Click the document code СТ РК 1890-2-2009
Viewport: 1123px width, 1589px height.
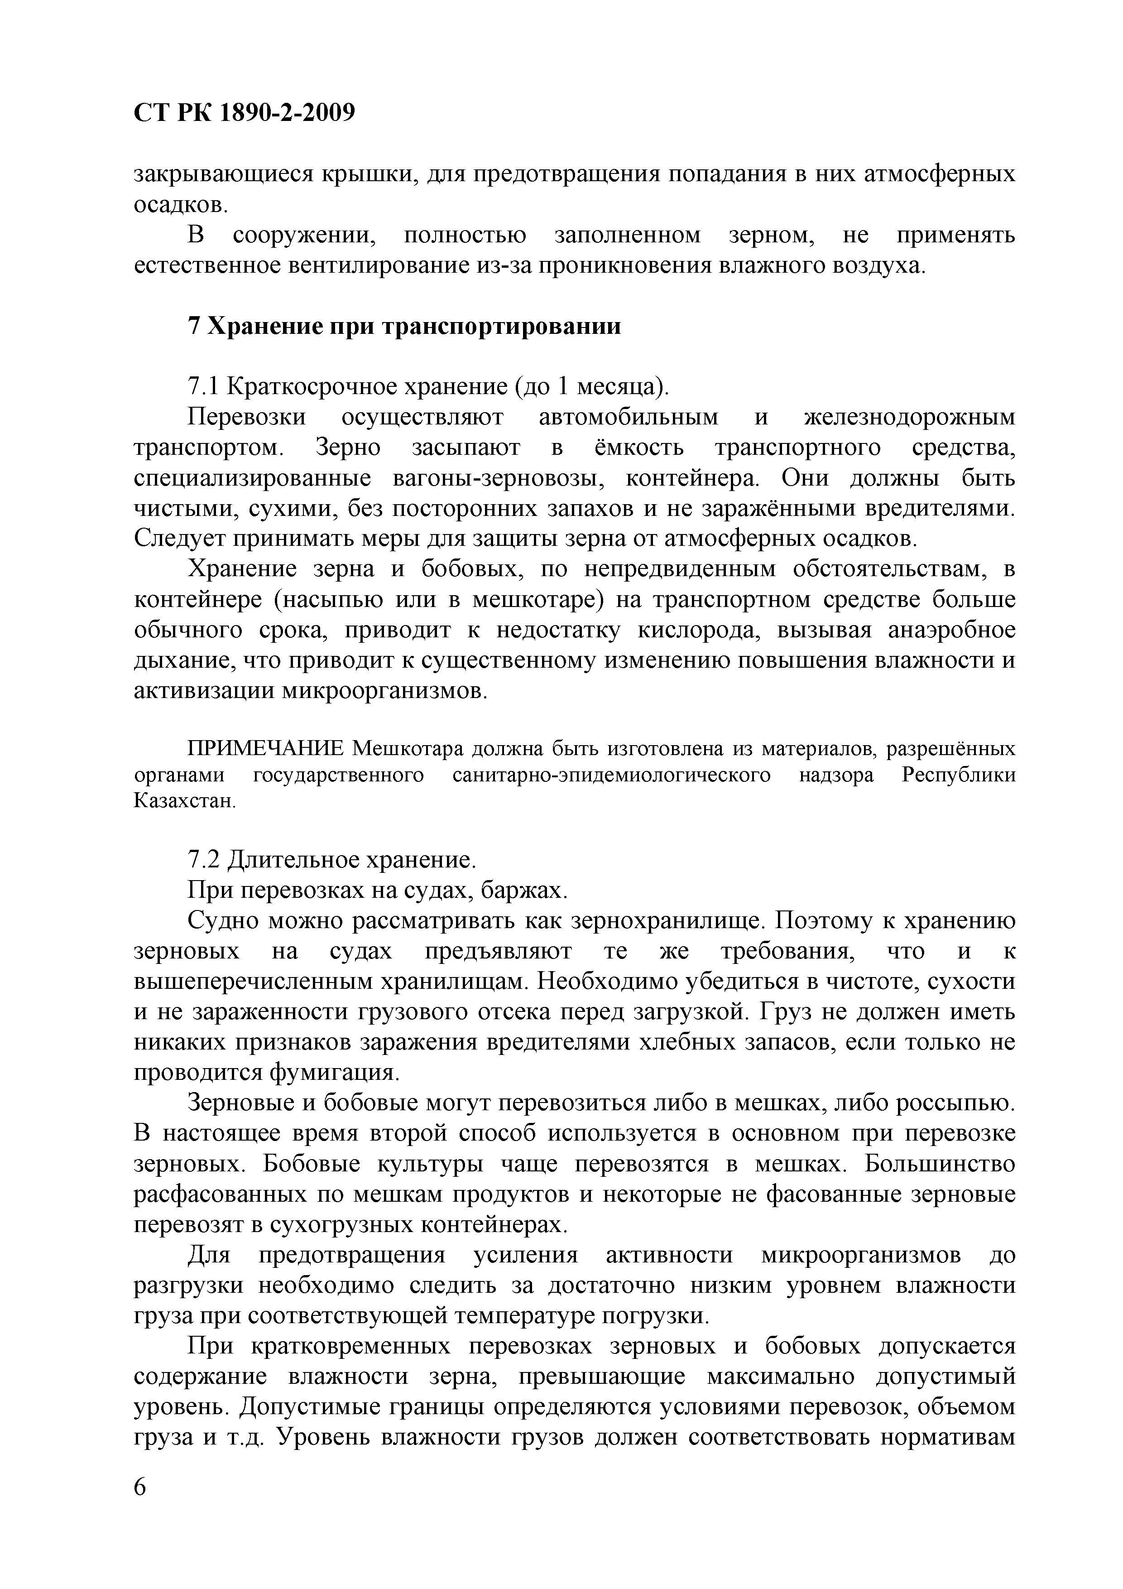click(x=244, y=112)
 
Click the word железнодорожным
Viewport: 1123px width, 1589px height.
click(x=910, y=417)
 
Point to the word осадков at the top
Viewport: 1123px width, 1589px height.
click(x=179, y=205)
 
